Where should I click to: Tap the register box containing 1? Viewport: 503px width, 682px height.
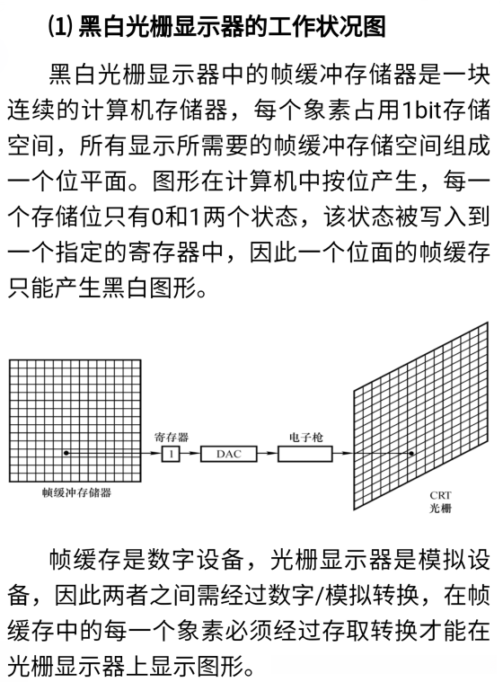[171, 455]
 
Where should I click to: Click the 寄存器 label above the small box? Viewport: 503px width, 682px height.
[171, 438]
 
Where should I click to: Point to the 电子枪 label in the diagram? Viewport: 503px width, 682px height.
[301, 438]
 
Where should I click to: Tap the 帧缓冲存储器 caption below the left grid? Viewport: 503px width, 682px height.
[71, 492]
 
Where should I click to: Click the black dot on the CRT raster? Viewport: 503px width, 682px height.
[410, 454]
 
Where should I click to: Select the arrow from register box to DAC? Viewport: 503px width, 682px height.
[190, 455]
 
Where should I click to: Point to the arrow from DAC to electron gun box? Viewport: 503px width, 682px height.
[266, 455]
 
